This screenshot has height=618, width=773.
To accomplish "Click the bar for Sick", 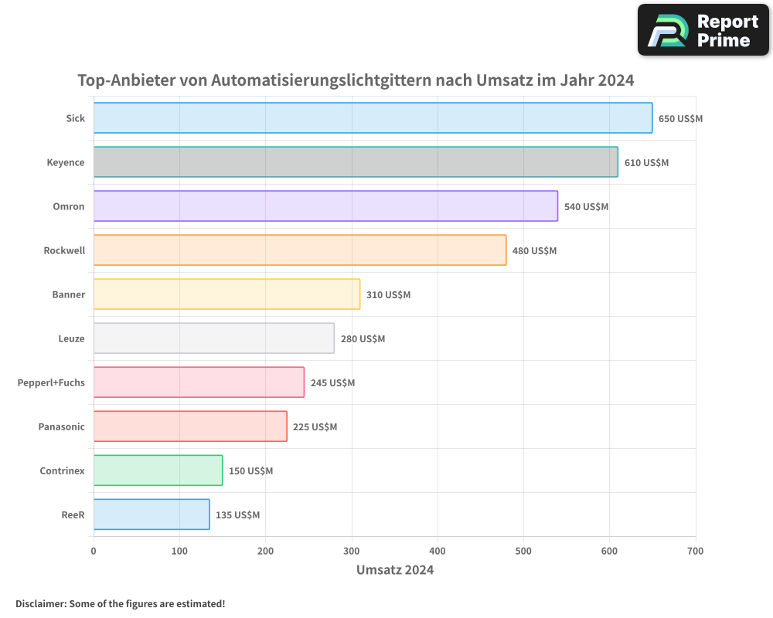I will point(373,118).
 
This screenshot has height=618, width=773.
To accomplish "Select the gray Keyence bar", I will point(356,162).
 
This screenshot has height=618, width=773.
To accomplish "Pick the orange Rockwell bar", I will point(300,250).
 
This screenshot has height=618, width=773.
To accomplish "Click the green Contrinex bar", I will point(158,470).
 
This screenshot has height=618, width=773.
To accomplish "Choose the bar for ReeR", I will point(152,514).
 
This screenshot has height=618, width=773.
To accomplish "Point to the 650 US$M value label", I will point(680,119).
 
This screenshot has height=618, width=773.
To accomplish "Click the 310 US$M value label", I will point(388,295).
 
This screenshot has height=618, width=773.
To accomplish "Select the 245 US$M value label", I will point(332,383).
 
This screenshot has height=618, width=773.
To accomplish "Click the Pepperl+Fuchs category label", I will point(51,382).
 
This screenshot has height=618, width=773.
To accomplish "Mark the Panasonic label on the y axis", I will point(61,426).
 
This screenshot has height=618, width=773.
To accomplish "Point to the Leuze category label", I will point(71,338).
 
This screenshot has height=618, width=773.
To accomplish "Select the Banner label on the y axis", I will point(69,294).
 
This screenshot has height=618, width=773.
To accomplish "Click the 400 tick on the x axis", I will point(438,552).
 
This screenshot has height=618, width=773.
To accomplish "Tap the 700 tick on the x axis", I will point(695,552).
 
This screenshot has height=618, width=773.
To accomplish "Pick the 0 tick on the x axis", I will point(94,552).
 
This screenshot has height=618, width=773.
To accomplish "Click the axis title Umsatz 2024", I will point(394,570).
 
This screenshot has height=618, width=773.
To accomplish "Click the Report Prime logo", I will point(703,30).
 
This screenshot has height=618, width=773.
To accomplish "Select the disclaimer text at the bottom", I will point(120,603).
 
